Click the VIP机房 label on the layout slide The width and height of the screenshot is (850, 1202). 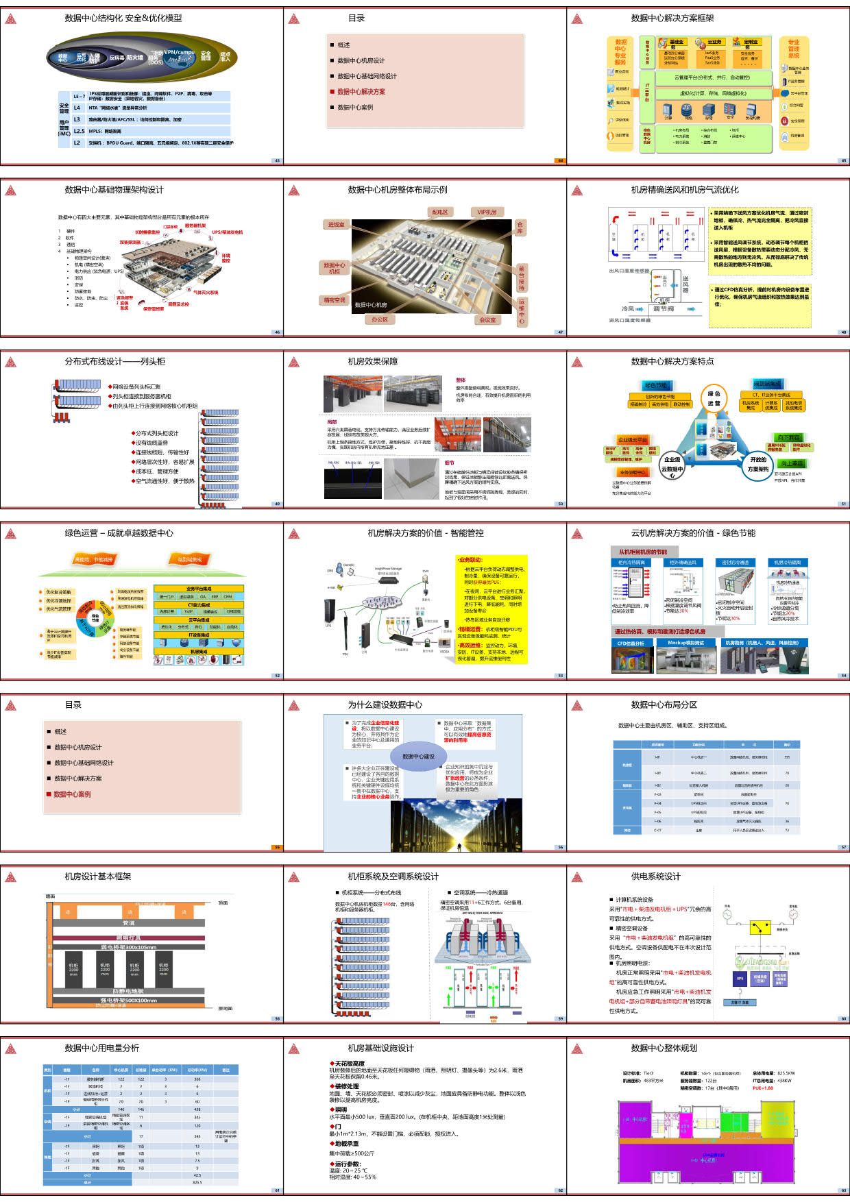click(487, 212)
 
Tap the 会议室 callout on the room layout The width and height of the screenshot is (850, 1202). click(488, 320)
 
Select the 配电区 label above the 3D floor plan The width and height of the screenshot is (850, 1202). click(439, 212)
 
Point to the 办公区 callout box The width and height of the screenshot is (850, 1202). click(380, 319)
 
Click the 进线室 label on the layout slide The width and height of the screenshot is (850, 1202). click(336, 225)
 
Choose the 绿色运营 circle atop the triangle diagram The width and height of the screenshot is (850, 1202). click(714, 398)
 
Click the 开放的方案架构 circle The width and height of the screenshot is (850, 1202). click(758, 464)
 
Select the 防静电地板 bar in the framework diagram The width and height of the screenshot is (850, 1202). click(128, 991)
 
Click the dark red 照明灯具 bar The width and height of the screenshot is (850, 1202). click(128, 938)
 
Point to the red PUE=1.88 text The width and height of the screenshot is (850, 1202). click(763, 1088)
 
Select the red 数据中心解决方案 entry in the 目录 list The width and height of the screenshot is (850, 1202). click(361, 92)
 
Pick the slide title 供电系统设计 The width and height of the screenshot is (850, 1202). click(655, 876)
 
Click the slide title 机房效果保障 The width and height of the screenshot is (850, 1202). click(372, 362)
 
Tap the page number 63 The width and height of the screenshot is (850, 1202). click(843, 1190)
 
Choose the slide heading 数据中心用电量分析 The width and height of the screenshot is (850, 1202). click(101, 1048)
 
